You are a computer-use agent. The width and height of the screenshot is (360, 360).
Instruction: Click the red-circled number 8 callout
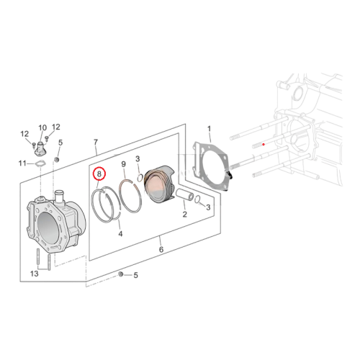pyautogui.click(x=99, y=174)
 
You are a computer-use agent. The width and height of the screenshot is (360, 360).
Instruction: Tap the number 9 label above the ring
pyautogui.click(x=123, y=164)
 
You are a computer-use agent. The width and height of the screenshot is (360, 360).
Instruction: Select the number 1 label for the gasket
pyautogui.click(x=209, y=129)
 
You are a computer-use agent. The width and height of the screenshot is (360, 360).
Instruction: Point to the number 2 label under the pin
pyautogui.click(x=184, y=214)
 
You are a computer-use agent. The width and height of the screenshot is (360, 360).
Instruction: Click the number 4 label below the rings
pyautogui.click(x=120, y=233)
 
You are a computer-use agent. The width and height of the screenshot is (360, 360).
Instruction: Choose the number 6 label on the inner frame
pyautogui.click(x=161, y=249)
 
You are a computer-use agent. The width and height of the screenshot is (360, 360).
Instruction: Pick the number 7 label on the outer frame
pyautogui.click(x=96, y=143)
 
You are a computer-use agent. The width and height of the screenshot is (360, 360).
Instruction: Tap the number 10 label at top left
pyautogui.click(x=42, y=128)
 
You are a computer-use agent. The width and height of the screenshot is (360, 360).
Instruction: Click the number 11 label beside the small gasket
pyautogui.click(x=22, y=163)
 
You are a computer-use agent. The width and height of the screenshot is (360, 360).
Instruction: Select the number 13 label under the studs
pyautogui.click(x=35, y=274)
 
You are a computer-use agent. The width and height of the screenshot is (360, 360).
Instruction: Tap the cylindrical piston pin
pyautogui.click(x=185, y=194)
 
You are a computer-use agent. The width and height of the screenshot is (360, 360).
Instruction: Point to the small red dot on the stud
pyautogui.click(x=264, y=144)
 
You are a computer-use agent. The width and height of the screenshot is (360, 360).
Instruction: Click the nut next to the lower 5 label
pyautogui.click(x=121, y=274)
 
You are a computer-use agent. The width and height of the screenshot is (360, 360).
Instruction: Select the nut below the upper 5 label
pyautogui.click(x=57, y=159)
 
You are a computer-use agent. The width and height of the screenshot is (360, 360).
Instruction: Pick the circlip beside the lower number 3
pyautogui.click(x=198, y=199)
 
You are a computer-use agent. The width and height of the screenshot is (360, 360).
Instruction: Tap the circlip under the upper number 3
pyautogui.click(x=140, y=178)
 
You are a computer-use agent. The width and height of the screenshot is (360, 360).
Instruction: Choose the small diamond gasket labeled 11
pyautogui.click(x=40, y=164)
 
